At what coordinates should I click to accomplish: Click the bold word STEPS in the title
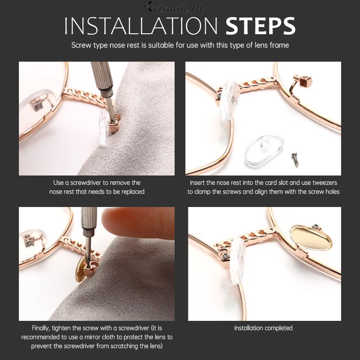click(x=261, y=26)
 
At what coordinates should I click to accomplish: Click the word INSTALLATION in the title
click(x=141, y=26)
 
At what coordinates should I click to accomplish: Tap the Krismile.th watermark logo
click(x=172, y=7)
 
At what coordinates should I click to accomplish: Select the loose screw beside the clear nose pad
click(x=295, y=160)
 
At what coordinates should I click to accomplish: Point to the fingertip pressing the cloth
click(x=137, y=223)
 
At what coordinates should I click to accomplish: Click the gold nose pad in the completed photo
click(x=311, y=238)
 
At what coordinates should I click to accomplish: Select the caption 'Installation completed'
click(x=263, y=328)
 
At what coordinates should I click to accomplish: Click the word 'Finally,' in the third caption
click(x=40, y=328)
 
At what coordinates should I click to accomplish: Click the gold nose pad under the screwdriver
click(x=81, y=269)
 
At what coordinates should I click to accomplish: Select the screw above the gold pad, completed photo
click(x=316, y=227)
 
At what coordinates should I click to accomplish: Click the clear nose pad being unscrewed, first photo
click(x=103, y=127)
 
